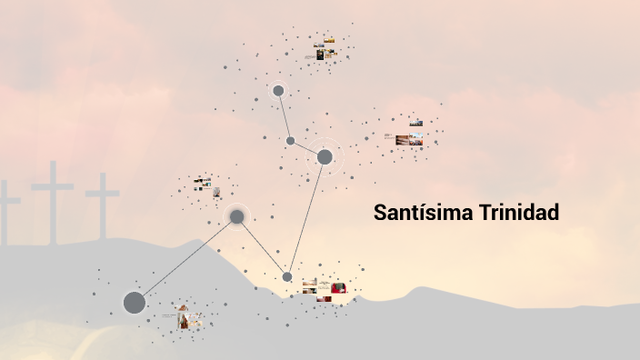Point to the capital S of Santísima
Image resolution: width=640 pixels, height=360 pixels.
pos(380,214)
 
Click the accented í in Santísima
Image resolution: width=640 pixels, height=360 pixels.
pos(425,214)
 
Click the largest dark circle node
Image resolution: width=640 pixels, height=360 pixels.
pos(134,303)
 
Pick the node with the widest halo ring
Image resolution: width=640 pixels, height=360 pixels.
pos(325,157)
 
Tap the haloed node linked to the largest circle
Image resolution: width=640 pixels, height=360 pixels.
pos(236,216)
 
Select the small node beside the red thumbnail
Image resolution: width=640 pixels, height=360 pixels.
pos(287,276)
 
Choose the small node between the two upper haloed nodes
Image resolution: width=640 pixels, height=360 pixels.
pos(291,141)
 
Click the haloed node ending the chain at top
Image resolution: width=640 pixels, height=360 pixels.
pos(278,91)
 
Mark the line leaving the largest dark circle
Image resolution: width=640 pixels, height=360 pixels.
pos(185,260)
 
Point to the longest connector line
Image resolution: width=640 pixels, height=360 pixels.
pos(306,216)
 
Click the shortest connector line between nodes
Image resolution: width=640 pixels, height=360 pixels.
pos(307,149)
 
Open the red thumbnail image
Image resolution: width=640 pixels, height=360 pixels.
pos(338,288)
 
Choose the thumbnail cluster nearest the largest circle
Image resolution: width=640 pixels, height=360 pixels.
pos(189,318)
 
